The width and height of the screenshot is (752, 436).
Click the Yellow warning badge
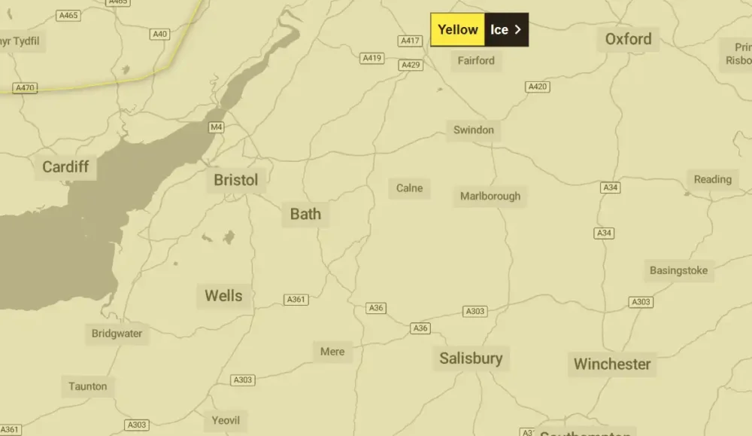(457, 30)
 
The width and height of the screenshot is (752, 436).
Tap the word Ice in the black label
(500, 30)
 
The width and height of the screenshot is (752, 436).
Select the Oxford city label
(628, 39)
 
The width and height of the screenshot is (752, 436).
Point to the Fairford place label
(476, 60)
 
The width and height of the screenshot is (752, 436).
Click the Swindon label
(473, 130)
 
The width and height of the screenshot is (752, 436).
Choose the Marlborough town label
(490, 197)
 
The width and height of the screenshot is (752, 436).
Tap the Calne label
(410, 188)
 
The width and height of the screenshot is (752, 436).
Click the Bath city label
(305, 215)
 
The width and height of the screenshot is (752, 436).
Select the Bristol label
(235, 180)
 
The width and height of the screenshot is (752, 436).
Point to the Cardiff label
(65, 167)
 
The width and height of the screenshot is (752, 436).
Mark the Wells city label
(223, 296)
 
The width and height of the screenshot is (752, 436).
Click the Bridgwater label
(117, 334)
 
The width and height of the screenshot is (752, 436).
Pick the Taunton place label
(88, 386)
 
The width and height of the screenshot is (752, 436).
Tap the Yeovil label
(226, 420)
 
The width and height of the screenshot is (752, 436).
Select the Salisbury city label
(471, 358)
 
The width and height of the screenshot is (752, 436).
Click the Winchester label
(612, 364)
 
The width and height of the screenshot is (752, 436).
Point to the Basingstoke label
(678, 270)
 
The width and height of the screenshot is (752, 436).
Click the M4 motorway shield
(217, 127)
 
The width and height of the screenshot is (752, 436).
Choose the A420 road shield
(538, 87)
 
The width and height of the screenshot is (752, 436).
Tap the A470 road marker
(25, 88)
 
